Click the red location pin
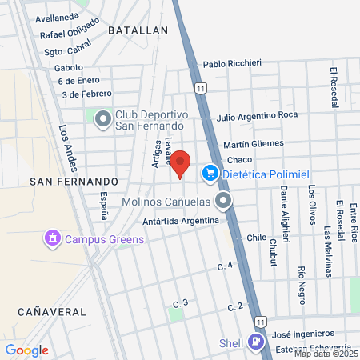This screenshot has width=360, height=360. coord(180,163)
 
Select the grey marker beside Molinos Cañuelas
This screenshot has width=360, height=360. coord(223,200)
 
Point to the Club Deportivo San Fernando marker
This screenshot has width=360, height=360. coord(103,120)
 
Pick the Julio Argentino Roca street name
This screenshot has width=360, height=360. coord(257,115)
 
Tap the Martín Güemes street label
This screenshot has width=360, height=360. coord(254,143)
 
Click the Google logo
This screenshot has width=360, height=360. coord(26,350)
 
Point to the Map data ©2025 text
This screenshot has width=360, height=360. coord(326,353)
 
